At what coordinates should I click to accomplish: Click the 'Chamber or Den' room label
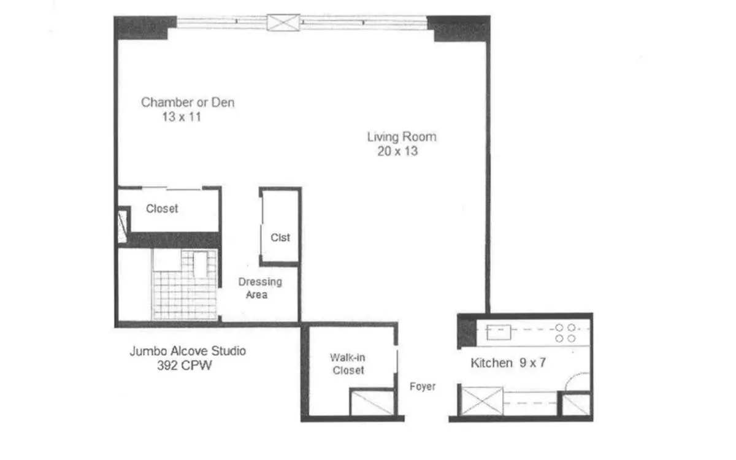(188, 102)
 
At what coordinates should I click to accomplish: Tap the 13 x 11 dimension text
(182, 117)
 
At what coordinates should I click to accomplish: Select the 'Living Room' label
(402, 136)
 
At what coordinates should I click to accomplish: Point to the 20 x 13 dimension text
(397, 151)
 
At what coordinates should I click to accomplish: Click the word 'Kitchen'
(491, 363)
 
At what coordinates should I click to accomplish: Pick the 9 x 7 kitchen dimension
(532, 363)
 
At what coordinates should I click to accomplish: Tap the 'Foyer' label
(423, 387)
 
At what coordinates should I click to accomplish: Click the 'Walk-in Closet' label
(348, 364)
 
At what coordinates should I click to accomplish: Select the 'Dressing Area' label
(260, 288)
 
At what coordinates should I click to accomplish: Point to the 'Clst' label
(280, 237)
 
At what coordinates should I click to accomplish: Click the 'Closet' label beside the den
(162, 209)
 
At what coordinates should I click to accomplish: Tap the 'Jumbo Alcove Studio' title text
(188, 351)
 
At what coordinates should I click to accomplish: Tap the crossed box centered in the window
(283, 23)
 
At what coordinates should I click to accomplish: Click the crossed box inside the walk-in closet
(371, 403)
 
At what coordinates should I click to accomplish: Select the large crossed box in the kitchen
(482, 401)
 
